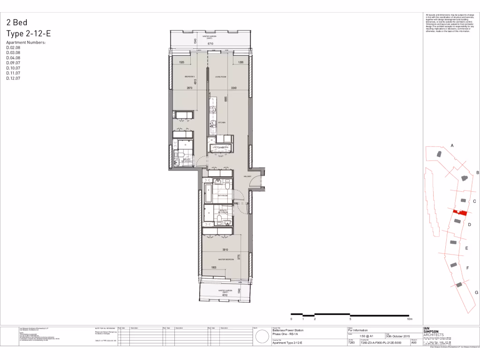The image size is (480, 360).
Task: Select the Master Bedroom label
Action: (x=226, y=259)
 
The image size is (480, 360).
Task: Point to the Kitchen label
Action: (x=223, y=123)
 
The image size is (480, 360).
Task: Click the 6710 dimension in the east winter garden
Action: (x=210, y=44)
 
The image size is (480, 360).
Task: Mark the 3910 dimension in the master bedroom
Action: (x=225, y=250)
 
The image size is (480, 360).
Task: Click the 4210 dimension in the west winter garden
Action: (x=225, y=295)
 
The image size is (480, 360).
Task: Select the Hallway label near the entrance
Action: (x=248, y=176)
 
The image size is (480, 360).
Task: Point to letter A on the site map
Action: (x=452, y=146)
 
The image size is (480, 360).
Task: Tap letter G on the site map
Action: (x=476, y=292)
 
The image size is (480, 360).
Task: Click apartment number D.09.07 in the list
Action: (x=13, y=63)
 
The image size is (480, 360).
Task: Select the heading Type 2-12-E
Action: (x=28, y=33)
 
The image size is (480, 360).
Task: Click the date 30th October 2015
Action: (x=398, y=336)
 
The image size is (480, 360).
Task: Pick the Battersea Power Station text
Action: (x=288, y=330)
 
